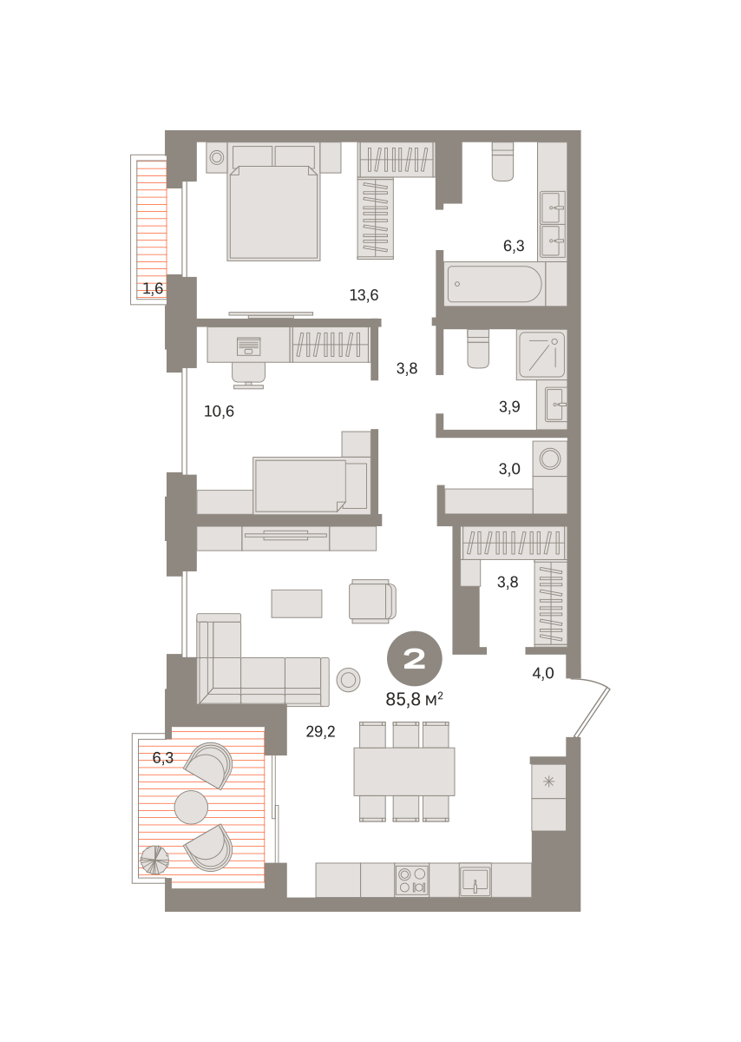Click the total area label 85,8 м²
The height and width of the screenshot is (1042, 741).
pos(414,699)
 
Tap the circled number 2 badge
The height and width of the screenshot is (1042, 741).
pos(414,658)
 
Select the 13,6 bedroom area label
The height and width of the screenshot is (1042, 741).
pos(364,295)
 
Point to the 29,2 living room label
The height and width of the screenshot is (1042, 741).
pos(320,732)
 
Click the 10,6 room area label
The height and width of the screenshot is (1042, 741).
pos(219,412)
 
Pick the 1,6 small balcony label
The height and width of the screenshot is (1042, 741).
pos(153,288)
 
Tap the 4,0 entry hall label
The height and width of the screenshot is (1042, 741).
pos(543,673)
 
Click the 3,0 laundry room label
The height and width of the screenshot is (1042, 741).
pos(509,469)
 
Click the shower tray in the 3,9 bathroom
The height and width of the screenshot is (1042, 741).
pos(541,354)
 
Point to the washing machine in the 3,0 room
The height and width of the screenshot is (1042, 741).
pos(550,458)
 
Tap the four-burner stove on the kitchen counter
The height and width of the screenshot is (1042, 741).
pos(412,880)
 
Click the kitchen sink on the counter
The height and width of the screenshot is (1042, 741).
pos(475,880)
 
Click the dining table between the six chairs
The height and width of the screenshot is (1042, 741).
pos(404,772)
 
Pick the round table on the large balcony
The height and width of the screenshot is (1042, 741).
pos(191,807)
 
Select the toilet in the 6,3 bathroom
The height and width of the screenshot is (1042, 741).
pos(502,162)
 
